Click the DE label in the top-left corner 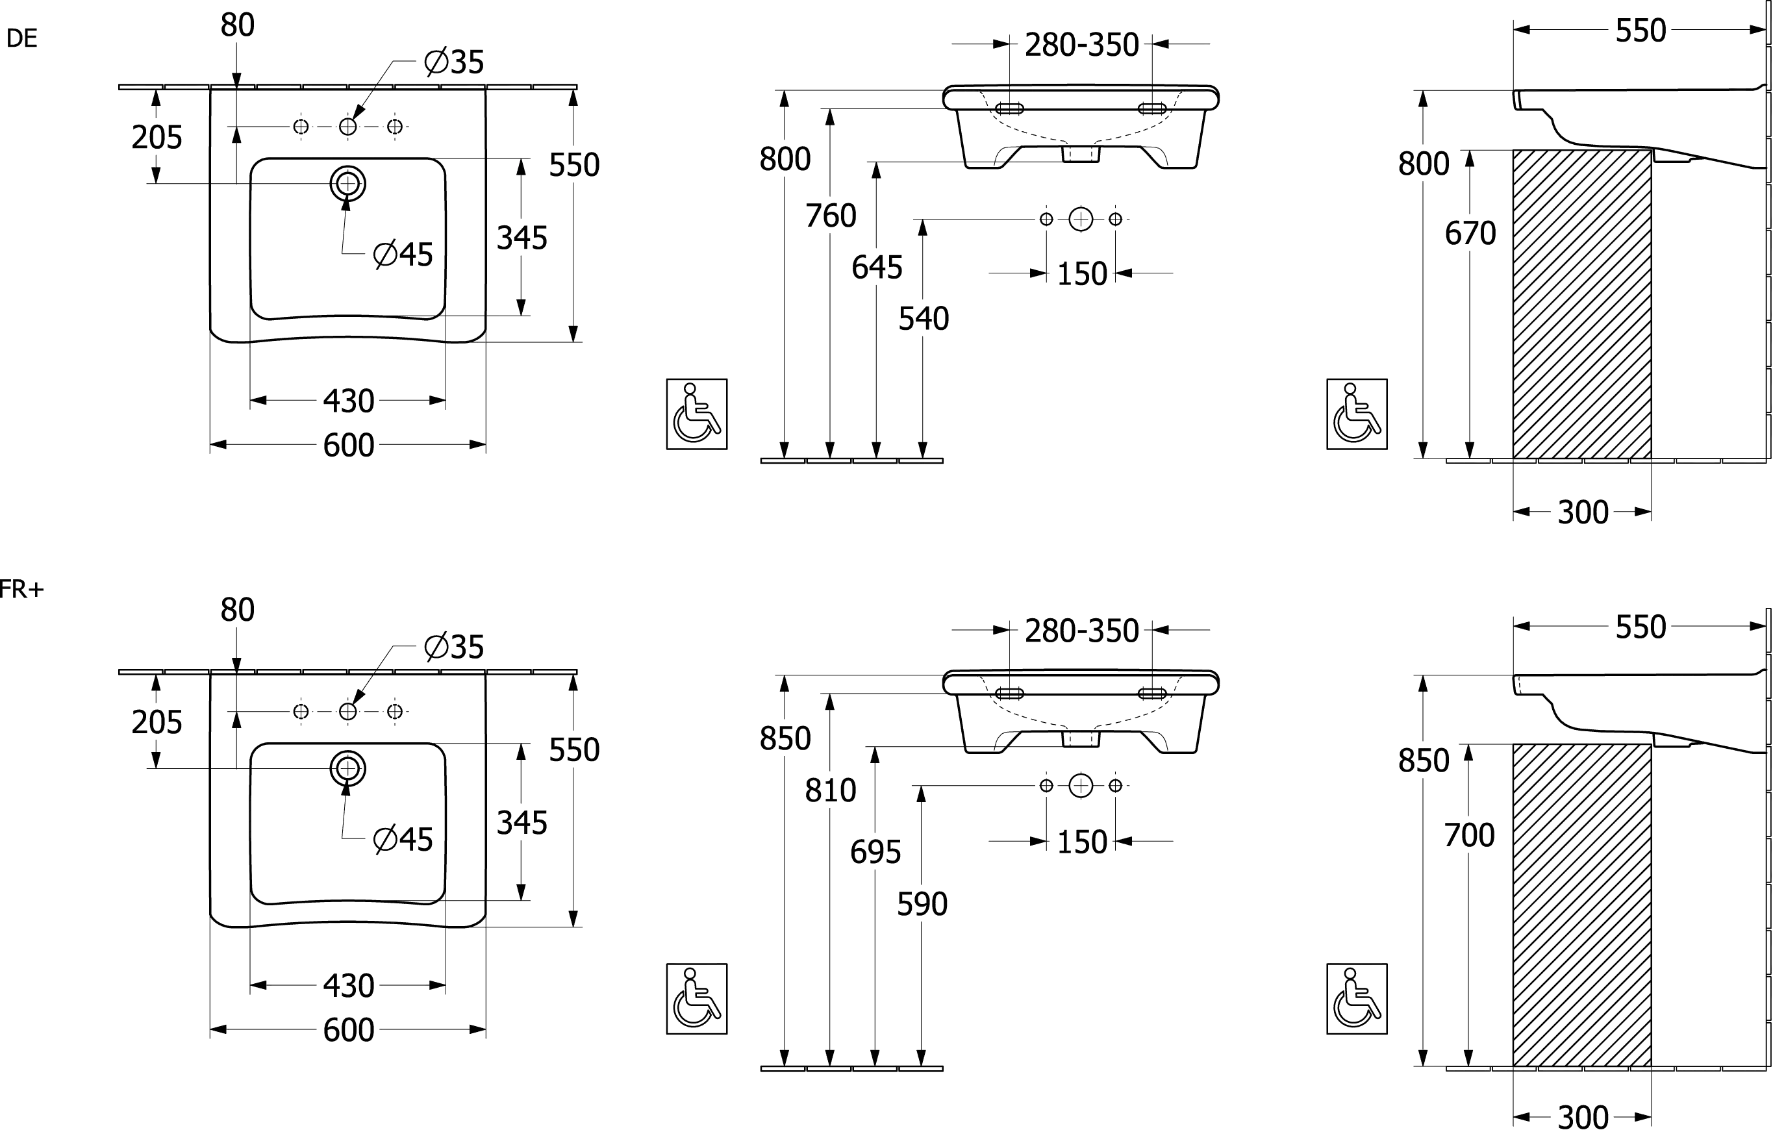(x=23, y=40)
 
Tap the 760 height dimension (x=831, y=216)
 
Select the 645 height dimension (x=876, y=268)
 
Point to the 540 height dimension (x=924, y=320)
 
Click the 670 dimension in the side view (x=1470, y=234)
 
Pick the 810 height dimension (x=831, y=790)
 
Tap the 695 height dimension (x=876, y=853)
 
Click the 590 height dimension (x=924, y=904)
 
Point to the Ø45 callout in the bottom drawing (x=404, y=840)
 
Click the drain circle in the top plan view (x=347, y=182)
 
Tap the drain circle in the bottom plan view (x=347, y=768)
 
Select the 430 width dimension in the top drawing (x=349, y=401)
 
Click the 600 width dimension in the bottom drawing (x=349, y=1031)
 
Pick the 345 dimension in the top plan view (x=522, y=238)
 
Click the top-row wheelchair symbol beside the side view (x=1358, y=413)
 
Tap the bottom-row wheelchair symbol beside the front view (x=698, y=999)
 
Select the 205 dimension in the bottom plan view (x=157, y=723)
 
